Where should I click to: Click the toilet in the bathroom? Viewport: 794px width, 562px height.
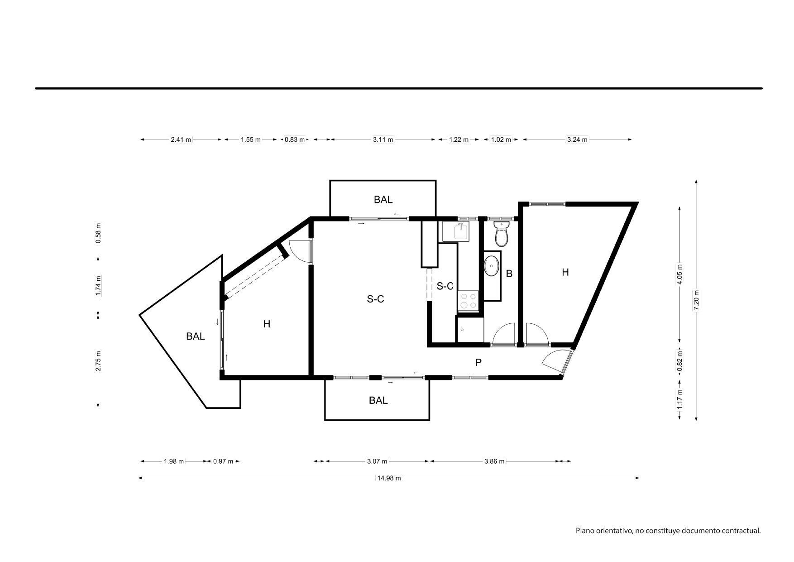click(x=501, y=233)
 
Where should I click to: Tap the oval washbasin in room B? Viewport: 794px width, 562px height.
click(x=492, y=266)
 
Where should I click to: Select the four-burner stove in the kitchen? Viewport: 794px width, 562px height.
click(x=468, y=301)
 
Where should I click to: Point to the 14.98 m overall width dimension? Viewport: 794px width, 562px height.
click(x=389, y=478)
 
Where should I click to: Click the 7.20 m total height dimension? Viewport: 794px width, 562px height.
click(x=696, y=300)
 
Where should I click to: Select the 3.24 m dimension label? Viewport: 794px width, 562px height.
click(x=577, y=139)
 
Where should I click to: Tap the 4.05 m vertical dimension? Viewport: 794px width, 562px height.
click(x=679, y=274)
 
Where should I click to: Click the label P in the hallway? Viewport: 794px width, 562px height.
click(x=478, y=362)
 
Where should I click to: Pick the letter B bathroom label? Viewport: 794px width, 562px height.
click(x=509, y=274)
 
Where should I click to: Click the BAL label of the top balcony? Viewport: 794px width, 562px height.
click(x=383, y=200)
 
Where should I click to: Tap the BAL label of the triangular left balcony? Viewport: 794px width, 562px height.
click(x=196, y=336)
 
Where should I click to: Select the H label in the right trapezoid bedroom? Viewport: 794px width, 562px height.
click(x=565, y=272)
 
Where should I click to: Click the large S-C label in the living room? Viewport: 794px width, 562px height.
click(x=375, y=299)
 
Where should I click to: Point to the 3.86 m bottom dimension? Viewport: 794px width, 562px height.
click(x=494, y=461)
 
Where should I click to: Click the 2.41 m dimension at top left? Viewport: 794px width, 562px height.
click(x=181, y=139)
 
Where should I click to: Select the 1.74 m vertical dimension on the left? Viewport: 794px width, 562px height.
click(x=98, y=286)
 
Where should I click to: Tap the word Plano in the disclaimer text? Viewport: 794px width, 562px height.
click(x=584, y=531)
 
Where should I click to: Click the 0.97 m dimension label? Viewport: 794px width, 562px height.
click(x=223, y=461)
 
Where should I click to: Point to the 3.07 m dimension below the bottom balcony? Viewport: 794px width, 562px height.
click(x=377, y=461)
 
